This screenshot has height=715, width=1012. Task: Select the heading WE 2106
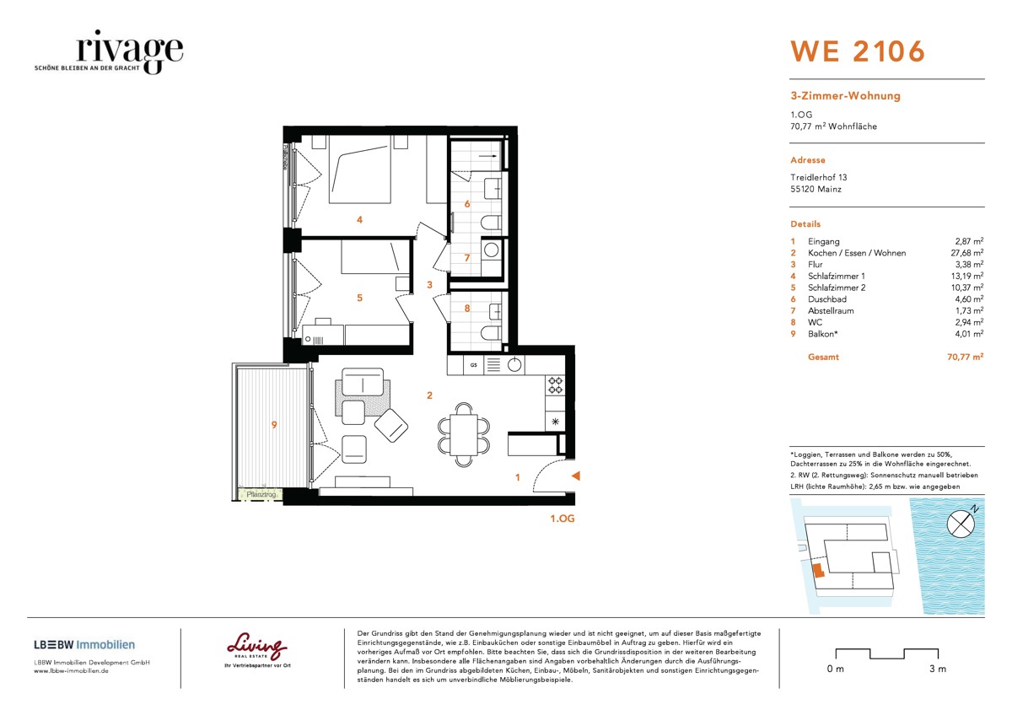pos(857,51)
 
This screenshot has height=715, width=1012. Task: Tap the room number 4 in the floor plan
pos(359,220)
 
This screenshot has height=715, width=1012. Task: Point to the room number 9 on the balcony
pos(274,425)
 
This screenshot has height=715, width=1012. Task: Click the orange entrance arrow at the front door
pos(575,477)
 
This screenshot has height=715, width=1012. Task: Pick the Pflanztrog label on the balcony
pos(260,494)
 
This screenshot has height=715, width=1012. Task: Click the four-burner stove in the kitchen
pos(556,386)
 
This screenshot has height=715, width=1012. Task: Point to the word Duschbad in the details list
pos(826,299)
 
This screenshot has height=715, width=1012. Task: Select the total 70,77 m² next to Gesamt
pos(965,357)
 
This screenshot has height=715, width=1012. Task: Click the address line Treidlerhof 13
pos(818,177)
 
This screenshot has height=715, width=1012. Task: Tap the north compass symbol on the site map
pos(961,524)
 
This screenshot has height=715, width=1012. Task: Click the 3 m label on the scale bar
pos(937,669)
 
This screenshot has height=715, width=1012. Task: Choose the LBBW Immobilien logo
pos(84,645)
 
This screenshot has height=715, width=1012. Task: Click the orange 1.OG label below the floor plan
pos(562,519)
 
